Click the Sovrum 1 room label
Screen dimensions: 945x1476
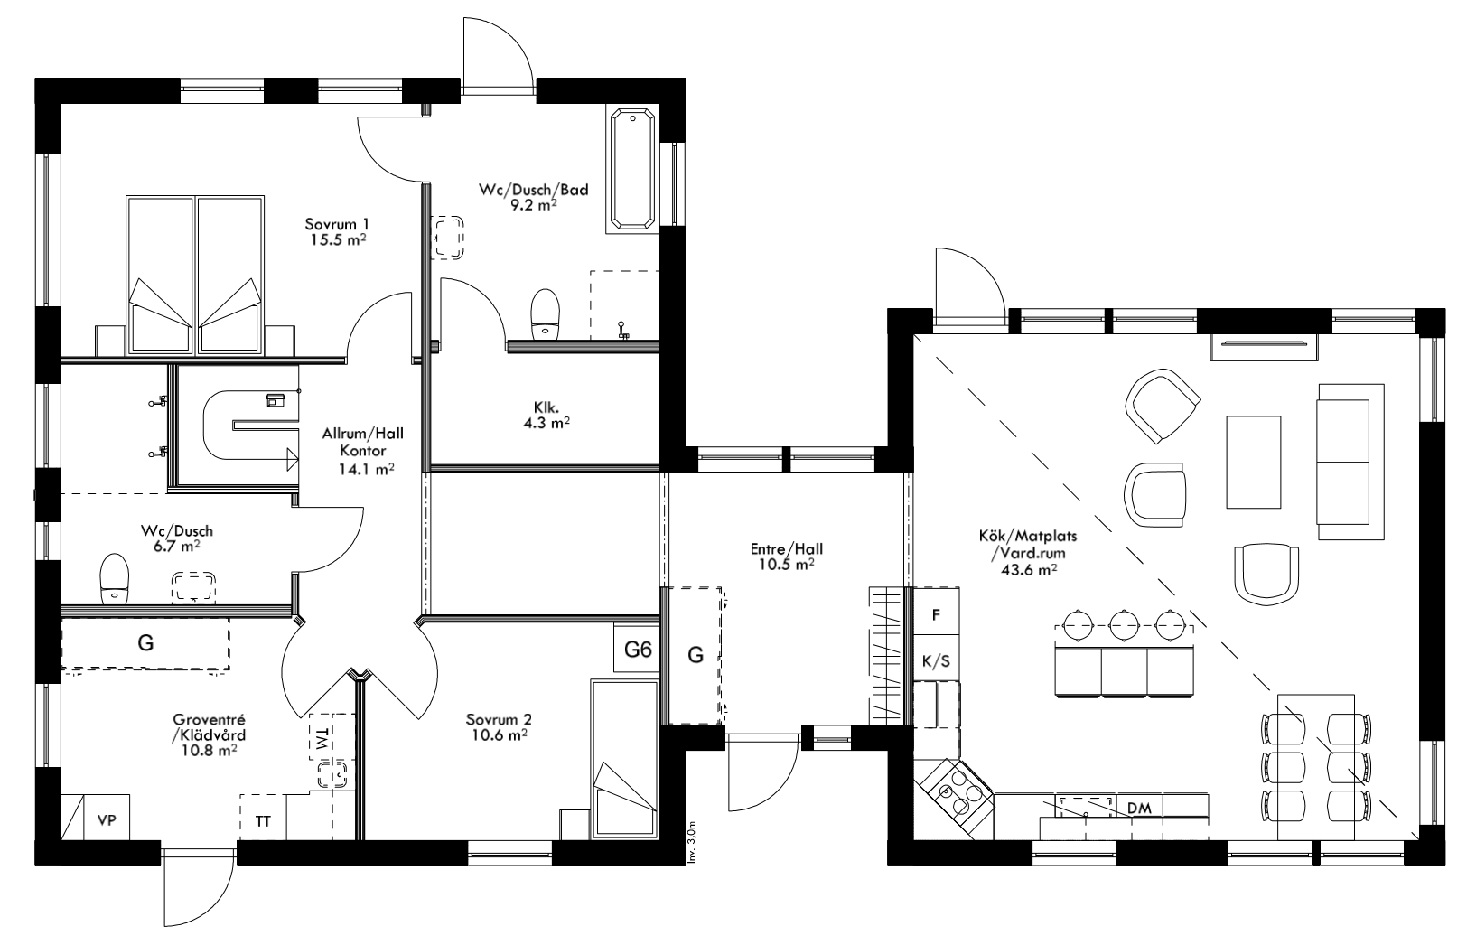tap(336, 224)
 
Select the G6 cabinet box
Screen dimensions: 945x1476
tap(639, 649)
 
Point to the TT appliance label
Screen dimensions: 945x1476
tap(263, 821)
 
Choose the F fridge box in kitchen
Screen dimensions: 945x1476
tap(937, 615)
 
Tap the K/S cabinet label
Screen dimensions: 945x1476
tap(936, 661)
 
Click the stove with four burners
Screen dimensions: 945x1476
tap(959, 792)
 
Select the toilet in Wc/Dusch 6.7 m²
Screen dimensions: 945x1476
tap(114, 578)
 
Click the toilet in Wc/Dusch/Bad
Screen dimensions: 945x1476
tap(545, 313)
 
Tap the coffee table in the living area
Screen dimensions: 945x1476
tap(1253, 462)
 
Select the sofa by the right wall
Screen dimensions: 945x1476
tap(1350, 461)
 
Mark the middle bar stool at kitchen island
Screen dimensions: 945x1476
tap(1124, 623)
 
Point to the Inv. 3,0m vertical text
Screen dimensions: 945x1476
tap(691, 844)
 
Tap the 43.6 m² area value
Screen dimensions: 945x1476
tap(1029, 570)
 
